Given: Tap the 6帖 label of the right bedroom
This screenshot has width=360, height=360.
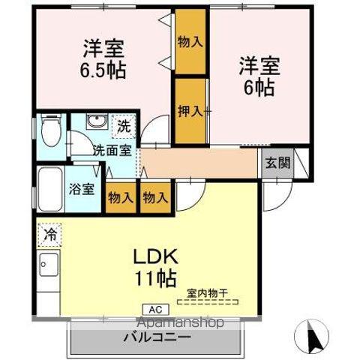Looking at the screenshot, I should tap(259, 85).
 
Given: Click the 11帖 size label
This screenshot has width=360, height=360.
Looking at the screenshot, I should tap(155, 279).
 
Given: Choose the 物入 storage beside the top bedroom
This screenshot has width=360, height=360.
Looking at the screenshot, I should tap(190, 41).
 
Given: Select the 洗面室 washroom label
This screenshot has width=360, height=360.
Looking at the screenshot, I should tap(111, 149).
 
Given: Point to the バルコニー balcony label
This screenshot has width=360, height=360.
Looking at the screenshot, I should tap(157, 337).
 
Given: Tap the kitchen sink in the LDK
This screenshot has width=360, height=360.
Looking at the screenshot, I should tap(48, 265).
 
